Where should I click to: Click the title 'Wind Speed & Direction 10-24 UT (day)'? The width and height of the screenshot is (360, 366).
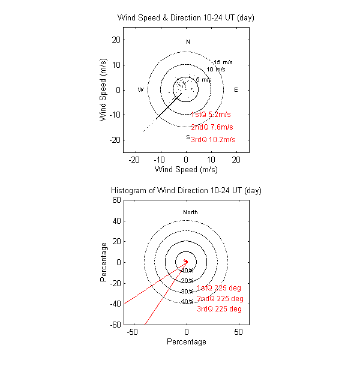(186, 17)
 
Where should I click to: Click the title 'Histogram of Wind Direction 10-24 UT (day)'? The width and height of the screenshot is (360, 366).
(186, 190)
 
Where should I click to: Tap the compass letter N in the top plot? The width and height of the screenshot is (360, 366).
(188, 42)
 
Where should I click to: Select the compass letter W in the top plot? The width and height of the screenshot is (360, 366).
(140, 90)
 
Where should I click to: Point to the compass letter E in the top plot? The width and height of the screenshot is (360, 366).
(236, 90)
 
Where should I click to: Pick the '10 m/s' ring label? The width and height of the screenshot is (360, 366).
(216, 70)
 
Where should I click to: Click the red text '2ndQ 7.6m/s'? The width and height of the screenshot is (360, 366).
(212, 127)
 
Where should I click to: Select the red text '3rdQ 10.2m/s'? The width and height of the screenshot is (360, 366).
(213, 140)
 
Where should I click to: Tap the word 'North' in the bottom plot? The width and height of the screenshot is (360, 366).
(190, 212)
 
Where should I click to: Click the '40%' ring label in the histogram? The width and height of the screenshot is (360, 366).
(187, 302)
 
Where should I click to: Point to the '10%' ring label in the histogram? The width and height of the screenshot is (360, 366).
(187, 271)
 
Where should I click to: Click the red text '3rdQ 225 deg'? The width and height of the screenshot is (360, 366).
(219, 309)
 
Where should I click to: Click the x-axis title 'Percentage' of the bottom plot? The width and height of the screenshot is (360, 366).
(186, 342)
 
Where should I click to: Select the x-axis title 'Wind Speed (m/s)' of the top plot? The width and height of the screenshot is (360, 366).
(186, 170)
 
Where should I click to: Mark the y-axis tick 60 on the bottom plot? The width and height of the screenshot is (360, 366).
(117, 200)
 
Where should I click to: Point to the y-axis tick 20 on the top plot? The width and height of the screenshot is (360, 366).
(117, 40)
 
